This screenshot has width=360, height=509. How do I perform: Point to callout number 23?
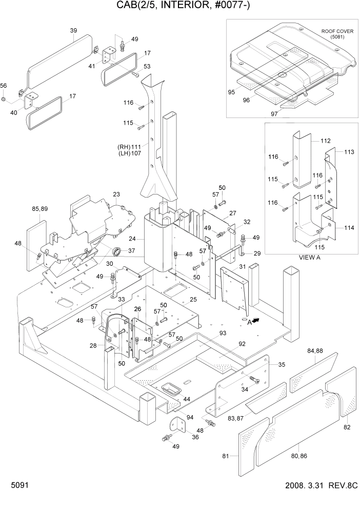coord(116,194)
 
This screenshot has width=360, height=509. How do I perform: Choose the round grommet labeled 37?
coord(117,251)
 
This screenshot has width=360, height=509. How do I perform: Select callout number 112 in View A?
coord(325,141)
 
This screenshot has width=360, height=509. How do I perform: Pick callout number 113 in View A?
coord(349,152)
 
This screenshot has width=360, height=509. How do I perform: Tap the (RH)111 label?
coord(129,146)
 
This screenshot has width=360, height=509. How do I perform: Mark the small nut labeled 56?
coord(4,99)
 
